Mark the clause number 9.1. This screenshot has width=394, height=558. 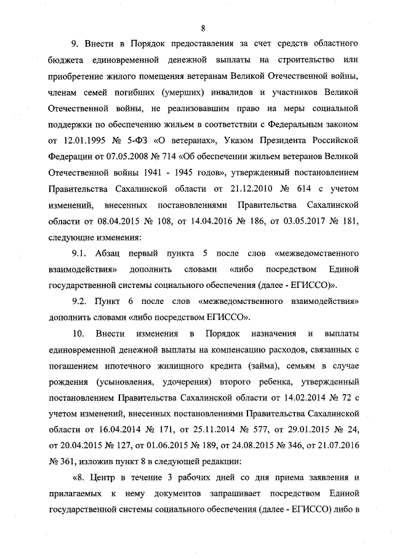(81, 253)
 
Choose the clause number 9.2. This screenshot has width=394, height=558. (81, 302)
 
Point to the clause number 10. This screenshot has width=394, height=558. (78, 334)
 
